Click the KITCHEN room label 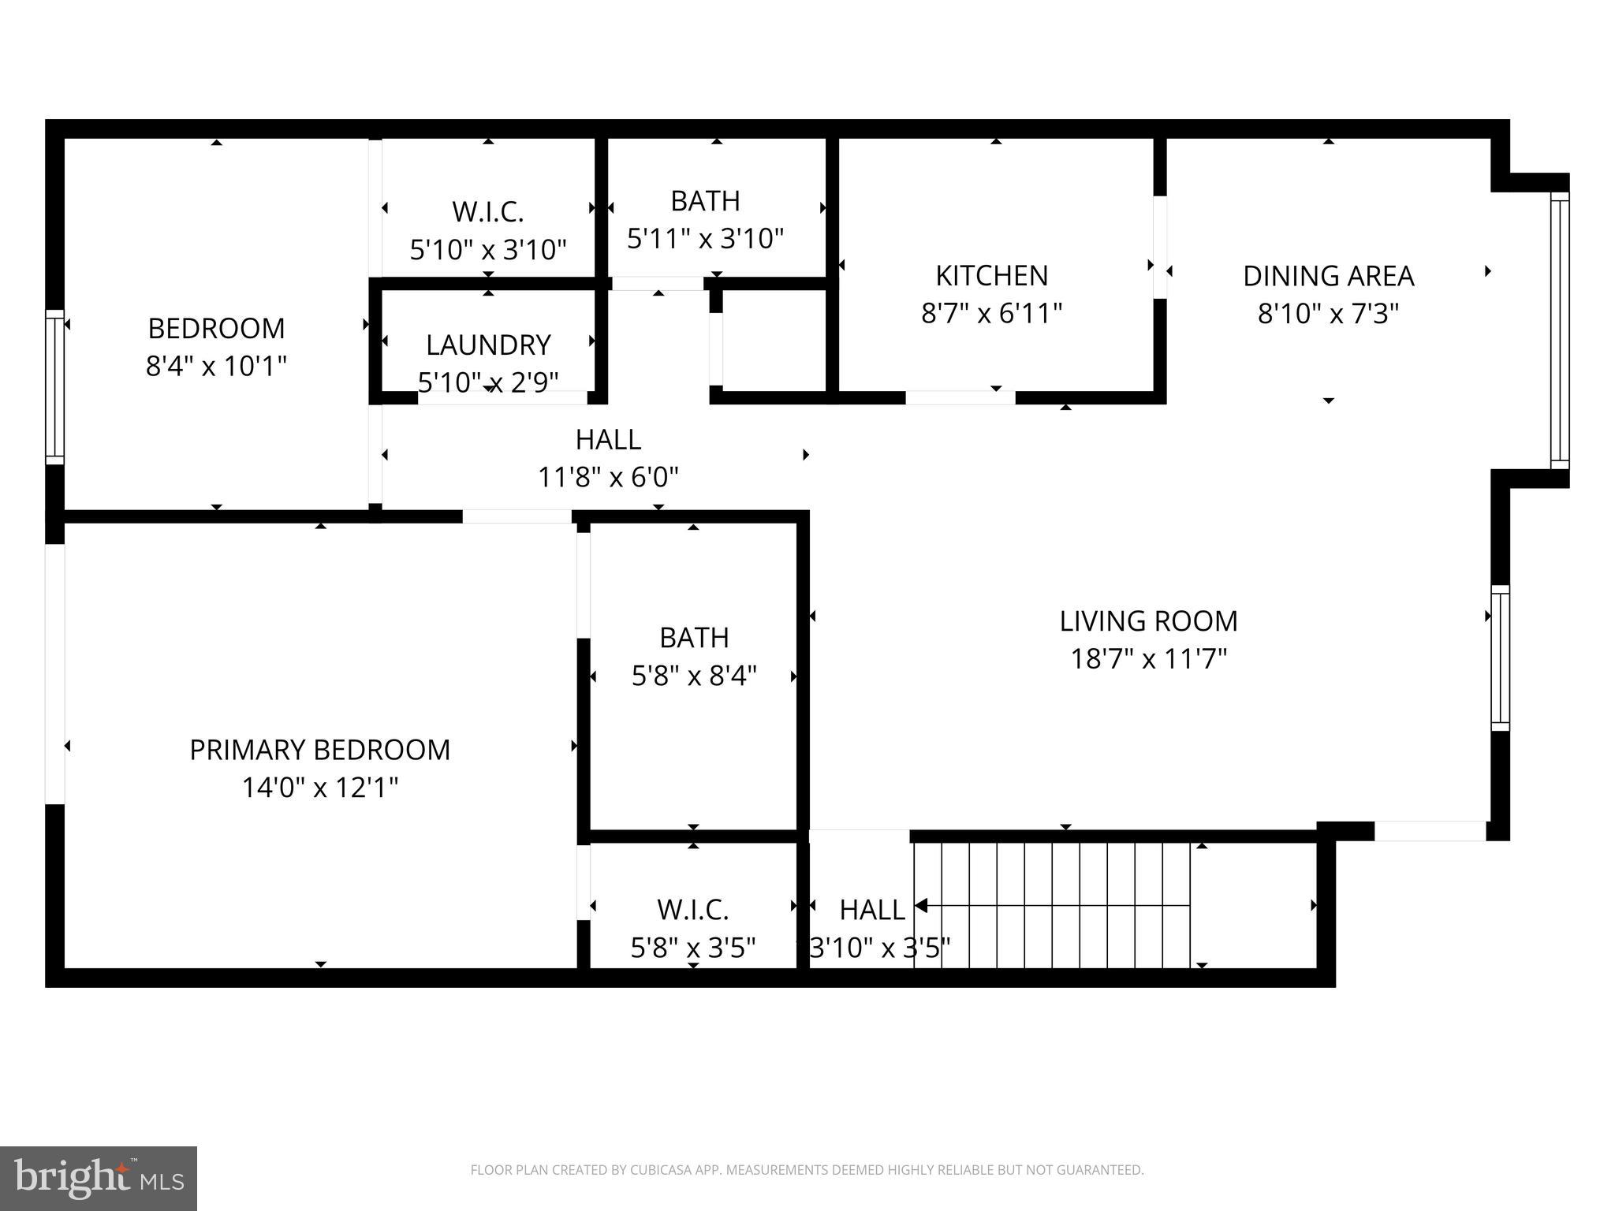991,276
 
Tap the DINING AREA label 1328,276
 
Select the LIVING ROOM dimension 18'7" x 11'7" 1148,659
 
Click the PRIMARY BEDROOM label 319,750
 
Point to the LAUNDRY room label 488,345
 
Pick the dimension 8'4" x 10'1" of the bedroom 216,367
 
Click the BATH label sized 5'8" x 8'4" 694,638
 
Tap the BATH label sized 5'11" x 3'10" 705,201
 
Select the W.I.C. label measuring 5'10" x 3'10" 488,212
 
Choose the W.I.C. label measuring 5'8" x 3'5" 693,910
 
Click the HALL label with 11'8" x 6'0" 608,439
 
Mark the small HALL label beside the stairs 871,910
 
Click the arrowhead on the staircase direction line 921,905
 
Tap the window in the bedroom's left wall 54,386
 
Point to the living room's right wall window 1499,658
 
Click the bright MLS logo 98,1179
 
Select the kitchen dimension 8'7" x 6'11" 991,314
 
